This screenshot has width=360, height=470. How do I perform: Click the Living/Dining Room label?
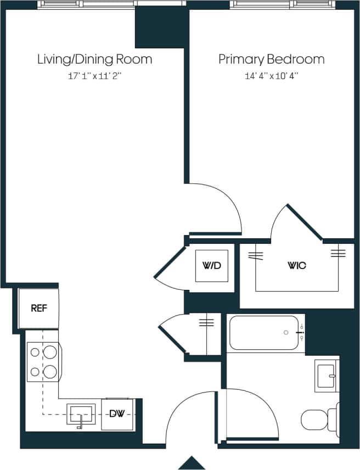click(x=94, y=59)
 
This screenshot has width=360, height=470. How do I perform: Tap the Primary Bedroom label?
click(x=271, y=59)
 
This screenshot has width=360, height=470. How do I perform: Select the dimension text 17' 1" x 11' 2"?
click(x=94, y=76)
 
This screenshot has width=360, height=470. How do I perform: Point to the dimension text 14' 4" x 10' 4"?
click(x=271, y=76)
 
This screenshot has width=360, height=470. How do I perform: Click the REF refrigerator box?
click(x=38, y=309)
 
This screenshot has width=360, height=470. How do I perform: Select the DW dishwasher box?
click(x=116, y=413)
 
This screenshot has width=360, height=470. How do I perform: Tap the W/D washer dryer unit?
click(x=212, y=266)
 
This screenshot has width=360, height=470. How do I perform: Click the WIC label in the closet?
click(x=297, y=266)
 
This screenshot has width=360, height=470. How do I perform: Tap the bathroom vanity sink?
click(x=327, y=376)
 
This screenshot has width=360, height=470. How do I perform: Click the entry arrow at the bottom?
click(x=192, y=463)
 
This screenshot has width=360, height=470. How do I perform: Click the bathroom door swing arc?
click(x=247, y=417)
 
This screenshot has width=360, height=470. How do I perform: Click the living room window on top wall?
click(x=87, y=4)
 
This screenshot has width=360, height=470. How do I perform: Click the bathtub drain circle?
click(x=285, y=333)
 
